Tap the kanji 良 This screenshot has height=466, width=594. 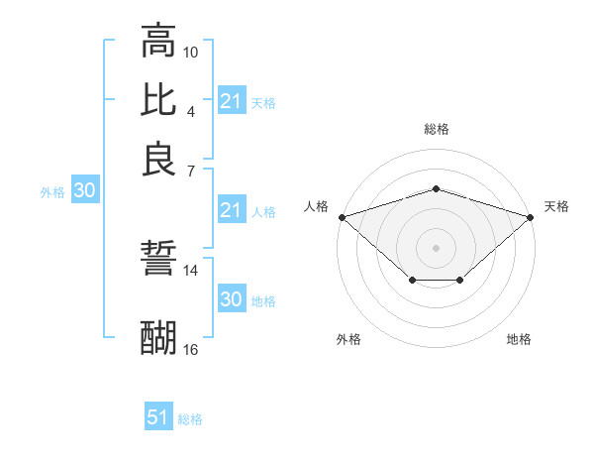pos(158,158)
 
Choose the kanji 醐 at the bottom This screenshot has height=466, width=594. pos(158,337)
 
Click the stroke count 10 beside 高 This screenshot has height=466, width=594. pos(191,52)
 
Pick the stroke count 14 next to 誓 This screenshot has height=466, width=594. pos(191,270)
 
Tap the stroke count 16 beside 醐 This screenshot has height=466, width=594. pos(191,349)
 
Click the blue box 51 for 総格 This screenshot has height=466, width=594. pos(158,417)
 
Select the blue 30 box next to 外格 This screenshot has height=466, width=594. pos(84,191)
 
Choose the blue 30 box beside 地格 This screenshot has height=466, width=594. pos(231,300)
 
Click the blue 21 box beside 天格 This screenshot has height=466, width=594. pos(231,101)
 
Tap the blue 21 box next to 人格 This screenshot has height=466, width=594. pos(231,211)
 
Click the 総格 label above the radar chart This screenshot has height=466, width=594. pos(436,129)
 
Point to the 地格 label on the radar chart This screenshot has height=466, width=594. pos(519,339)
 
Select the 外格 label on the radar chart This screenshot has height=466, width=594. pos(348,339)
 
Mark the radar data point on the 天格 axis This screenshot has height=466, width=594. pos(531,216)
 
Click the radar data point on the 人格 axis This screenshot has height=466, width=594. pos(342,216)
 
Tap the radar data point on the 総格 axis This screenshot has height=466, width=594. pos(436,188)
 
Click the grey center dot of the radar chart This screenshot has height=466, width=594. pos(436,247)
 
